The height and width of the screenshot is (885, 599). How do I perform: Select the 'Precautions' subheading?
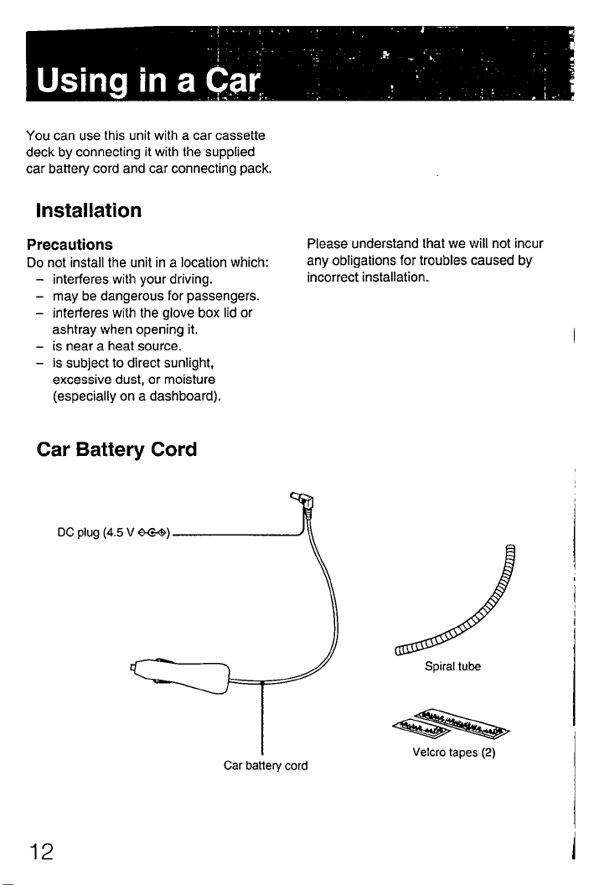(x=70, y=245)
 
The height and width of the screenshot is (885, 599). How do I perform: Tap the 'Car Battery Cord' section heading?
(x=117, y=449)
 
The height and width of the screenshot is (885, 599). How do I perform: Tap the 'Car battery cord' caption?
(x=266, y=765)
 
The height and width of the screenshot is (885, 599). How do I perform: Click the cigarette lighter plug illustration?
(x=183, y=671)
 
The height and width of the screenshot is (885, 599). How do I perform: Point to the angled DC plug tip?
(x=303, y=503)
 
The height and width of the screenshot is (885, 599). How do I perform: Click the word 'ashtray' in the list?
(x=71, y=329)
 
